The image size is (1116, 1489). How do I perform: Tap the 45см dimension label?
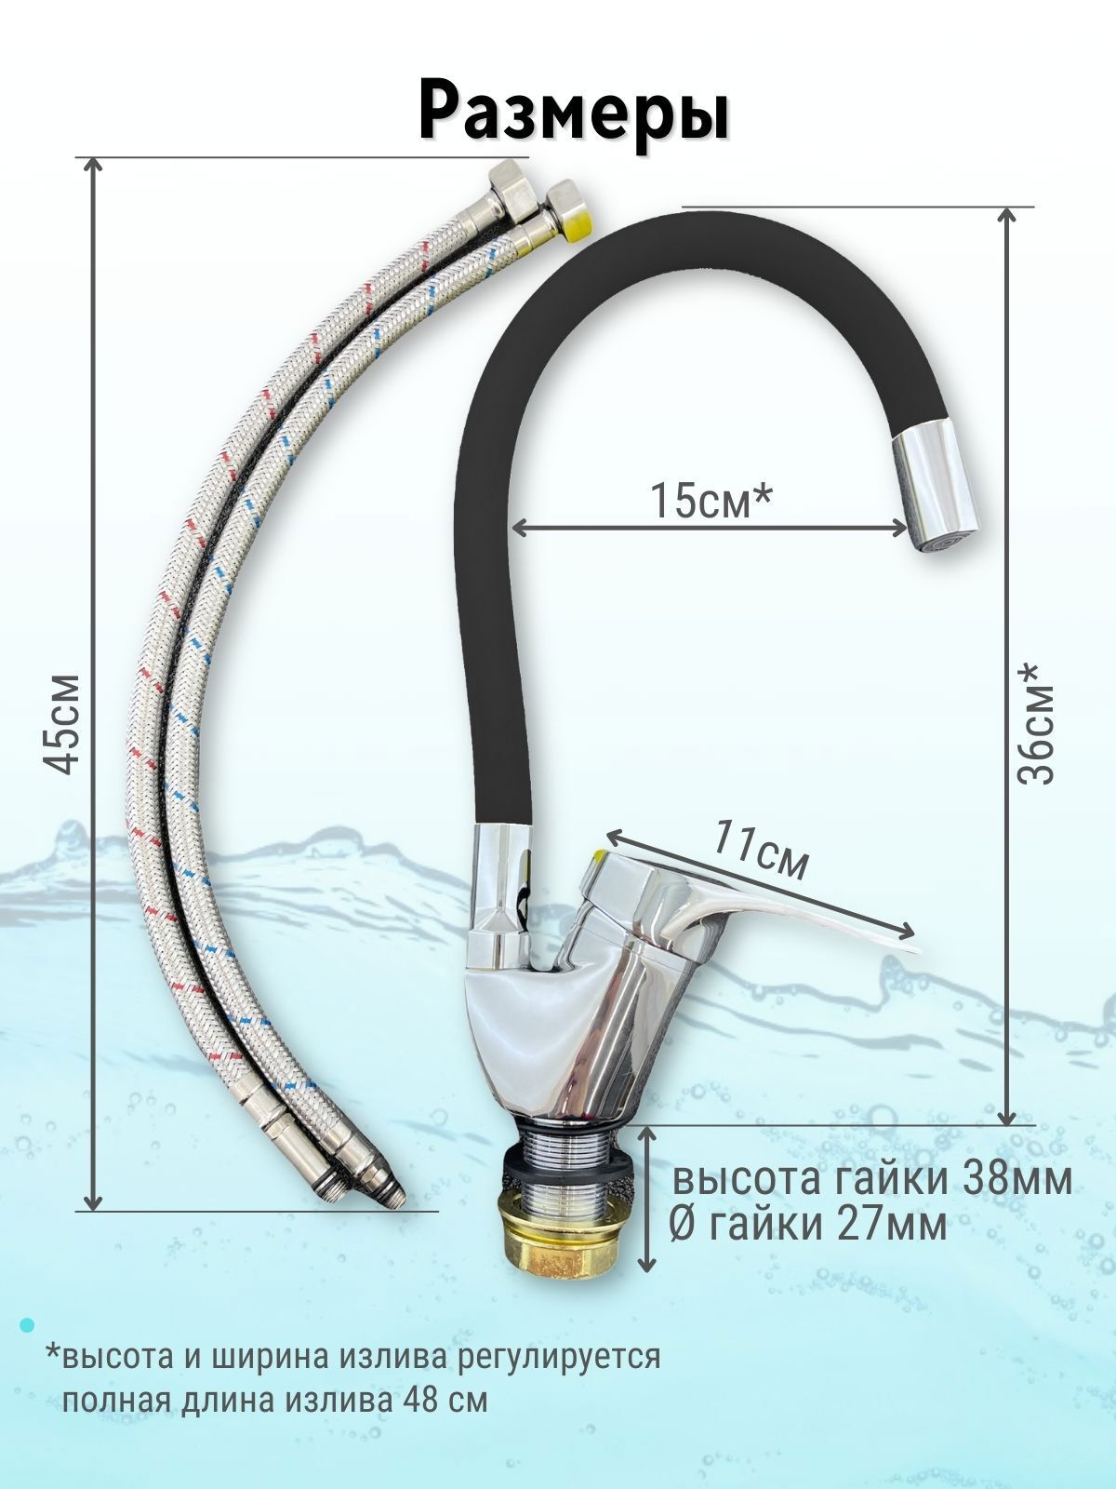(62, 723)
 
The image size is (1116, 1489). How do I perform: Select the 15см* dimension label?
(711, 501)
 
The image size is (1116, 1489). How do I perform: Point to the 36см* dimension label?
(1037, 724)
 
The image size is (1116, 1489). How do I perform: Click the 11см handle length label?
(761, 850)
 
